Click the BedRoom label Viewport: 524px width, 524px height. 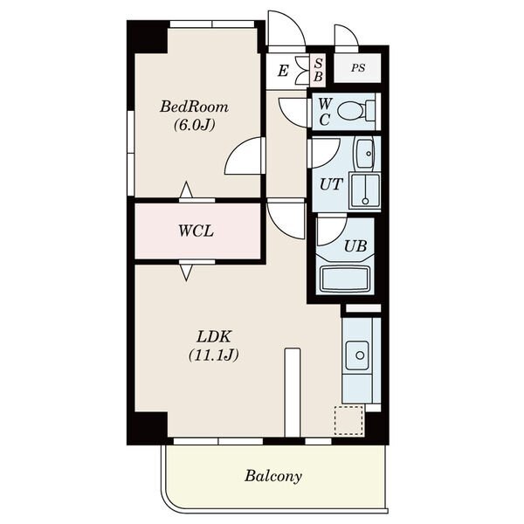click(194, 107)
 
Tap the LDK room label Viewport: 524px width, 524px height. click(214, 337)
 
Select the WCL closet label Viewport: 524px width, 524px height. click(196, 231)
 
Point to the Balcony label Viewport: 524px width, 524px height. click(273, 476)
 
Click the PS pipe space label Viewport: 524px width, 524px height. click(357, 68)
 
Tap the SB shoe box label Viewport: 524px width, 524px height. click(318, 70)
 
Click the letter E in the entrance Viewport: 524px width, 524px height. click(283, 72)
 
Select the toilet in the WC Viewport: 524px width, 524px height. click(356, 111)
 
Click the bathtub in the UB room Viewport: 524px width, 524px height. click(345, 279)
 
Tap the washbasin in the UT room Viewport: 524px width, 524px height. click(365, 153)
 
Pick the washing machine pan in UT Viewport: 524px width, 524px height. click(364, 190)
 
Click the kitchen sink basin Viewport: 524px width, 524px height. click(357, 355)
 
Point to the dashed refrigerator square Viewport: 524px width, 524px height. click(348, 420)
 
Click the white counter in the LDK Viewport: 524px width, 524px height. click(293, 393)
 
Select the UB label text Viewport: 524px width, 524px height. click(355, 246)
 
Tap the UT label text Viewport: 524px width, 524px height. click(331, 184)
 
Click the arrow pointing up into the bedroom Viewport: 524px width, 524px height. click(186, 190)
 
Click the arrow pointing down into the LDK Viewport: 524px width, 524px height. click(186, 272)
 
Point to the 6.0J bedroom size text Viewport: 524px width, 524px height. click(194, 125)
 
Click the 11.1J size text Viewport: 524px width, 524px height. click(214, 355)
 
